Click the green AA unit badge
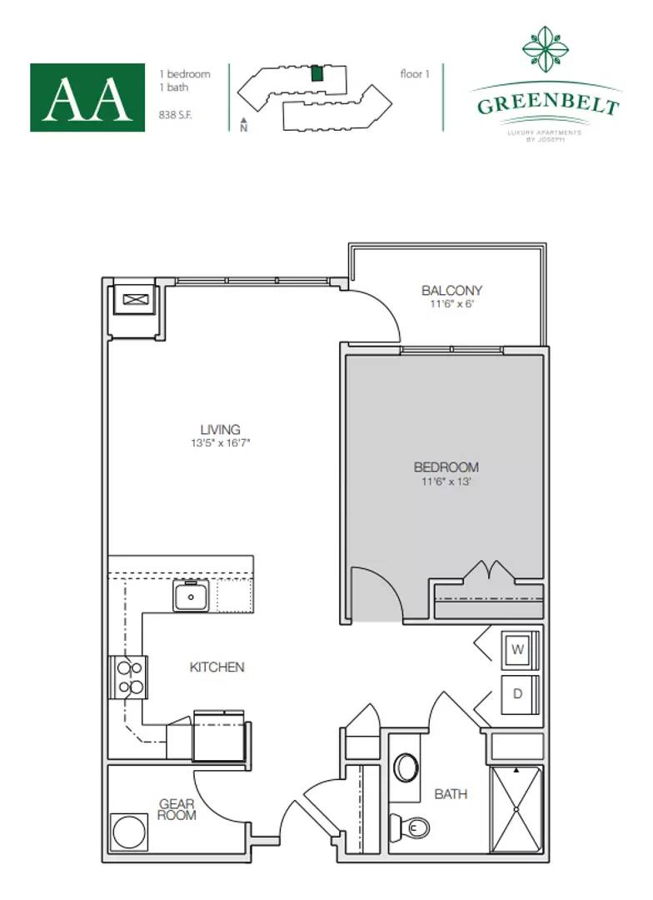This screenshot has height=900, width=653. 87,97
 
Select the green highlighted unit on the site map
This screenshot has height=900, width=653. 317,72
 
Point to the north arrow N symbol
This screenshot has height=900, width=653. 243,125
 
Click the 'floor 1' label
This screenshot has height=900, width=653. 414,74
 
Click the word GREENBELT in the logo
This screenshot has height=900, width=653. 547,106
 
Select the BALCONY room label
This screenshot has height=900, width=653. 451,291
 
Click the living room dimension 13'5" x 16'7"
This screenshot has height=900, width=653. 220,443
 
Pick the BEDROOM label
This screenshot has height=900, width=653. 446,467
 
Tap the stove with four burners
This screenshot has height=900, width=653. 129,677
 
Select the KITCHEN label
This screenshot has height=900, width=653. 217,667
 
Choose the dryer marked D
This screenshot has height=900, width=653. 517,694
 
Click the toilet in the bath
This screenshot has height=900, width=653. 417,827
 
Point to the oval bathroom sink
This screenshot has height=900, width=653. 406,767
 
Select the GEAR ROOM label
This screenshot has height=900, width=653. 177,809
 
